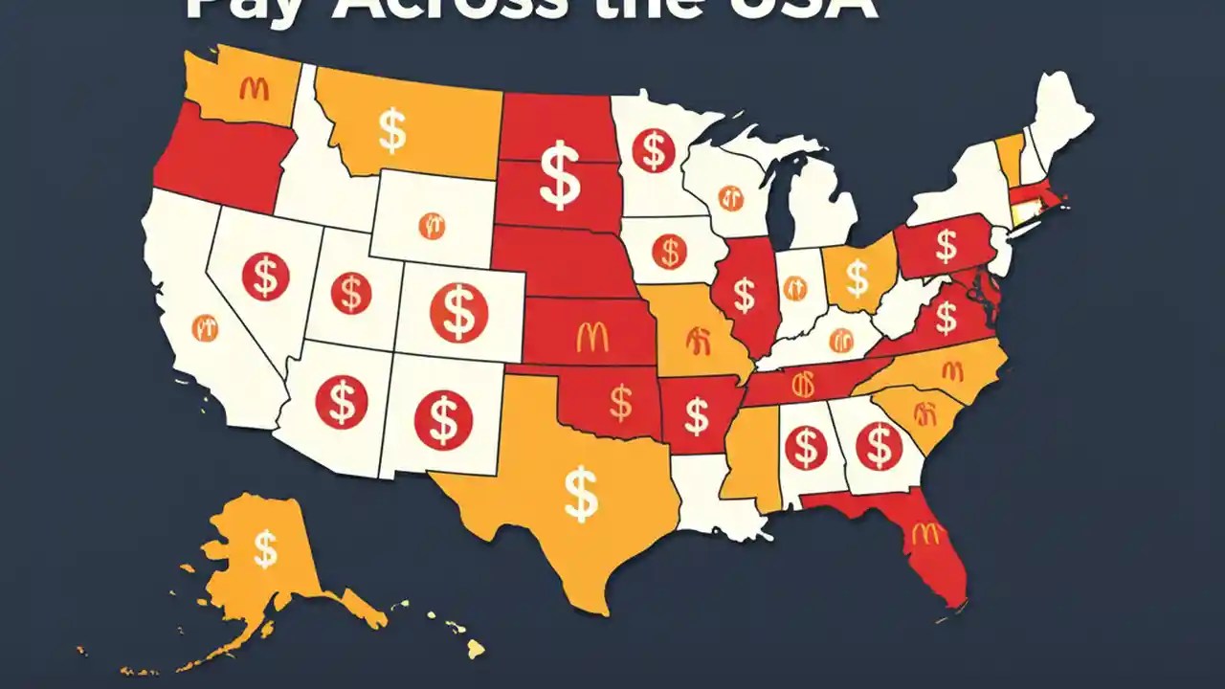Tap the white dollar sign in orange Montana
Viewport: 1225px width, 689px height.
coord(391,130)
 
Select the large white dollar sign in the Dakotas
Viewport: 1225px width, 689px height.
coord(560,174)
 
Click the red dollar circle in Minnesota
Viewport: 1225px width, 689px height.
coord(654,150)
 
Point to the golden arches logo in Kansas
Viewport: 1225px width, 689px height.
coord(592,336)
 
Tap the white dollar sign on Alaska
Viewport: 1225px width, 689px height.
coord(264,549)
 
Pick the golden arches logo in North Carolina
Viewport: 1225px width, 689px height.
coord(952,370)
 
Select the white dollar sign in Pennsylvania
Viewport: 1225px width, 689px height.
coord(946,246)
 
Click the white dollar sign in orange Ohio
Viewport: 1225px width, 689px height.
coord(858,278)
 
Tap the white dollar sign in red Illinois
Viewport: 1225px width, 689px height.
coord(744,296)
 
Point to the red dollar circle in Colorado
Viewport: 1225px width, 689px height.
coord(458,313)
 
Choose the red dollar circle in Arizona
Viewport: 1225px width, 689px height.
coord(341,401)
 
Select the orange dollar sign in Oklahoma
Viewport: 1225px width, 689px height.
coord(621,402)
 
